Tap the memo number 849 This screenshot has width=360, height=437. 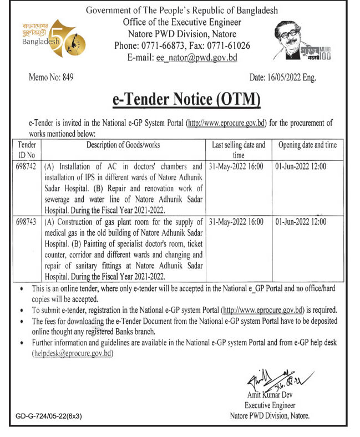tap(50, 78)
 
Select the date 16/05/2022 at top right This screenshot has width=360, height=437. tap(282, 78)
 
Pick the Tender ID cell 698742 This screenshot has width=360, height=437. tap(27, 166)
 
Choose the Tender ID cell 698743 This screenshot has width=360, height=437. tap(27, 221)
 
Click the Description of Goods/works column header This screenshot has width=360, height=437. tap(123, 145)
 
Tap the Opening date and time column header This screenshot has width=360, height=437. tap(307, 145)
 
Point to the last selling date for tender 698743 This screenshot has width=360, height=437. tap(239, 221)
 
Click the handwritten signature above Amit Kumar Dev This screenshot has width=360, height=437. tap(266, 383)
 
